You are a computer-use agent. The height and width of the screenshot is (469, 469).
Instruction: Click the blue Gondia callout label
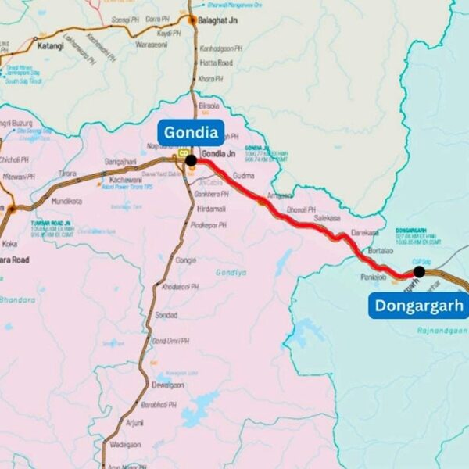click(191, 132)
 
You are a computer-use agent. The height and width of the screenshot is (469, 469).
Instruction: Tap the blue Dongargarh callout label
click(418, 305)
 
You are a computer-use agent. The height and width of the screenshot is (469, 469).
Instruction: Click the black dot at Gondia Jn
click(191, 159)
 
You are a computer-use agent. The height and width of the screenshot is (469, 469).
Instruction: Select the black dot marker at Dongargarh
click(419, 271)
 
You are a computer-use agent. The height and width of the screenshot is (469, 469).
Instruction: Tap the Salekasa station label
click(328, 219)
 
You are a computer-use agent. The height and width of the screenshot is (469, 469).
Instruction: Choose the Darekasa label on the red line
click(364, 233)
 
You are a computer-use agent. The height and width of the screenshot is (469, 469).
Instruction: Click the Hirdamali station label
click(211, 209)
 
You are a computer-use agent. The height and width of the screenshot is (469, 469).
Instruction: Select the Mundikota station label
click(66, 201)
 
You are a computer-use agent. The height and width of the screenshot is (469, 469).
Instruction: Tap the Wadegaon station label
click(126, 444)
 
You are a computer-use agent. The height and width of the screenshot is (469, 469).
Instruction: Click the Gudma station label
click(244, 176)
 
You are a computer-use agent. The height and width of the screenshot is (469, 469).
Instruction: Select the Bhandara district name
click(18, 299)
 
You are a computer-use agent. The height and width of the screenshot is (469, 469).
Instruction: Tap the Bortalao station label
click(380, 251)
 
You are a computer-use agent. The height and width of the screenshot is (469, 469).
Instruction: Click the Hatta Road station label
click(215, 63)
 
